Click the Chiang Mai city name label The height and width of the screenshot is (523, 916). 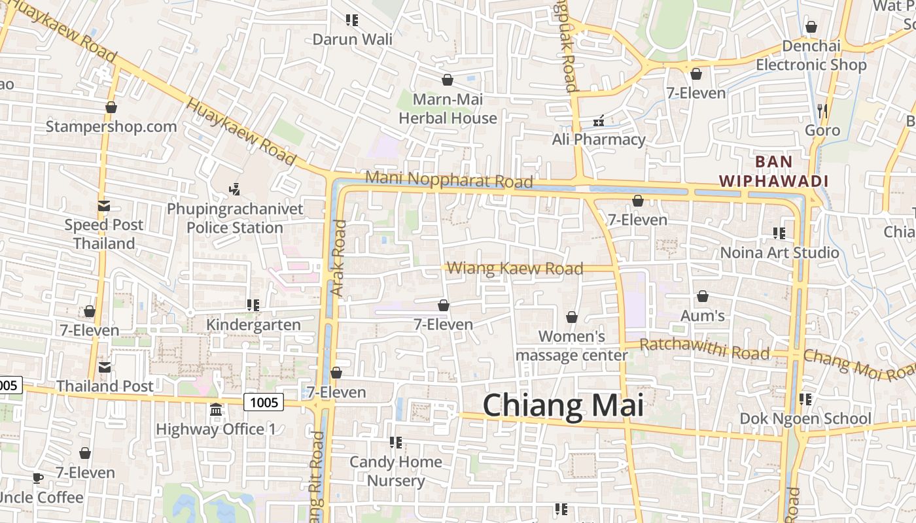tap(563, 405)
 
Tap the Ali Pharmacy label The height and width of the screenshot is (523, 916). tap(599, 139)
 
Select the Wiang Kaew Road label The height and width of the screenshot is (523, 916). tap(515, 268)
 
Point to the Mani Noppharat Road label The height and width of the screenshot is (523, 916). tap(449, 179)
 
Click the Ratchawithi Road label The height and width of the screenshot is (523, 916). tap(704, 349)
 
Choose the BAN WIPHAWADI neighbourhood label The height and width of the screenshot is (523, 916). tap(773, 171)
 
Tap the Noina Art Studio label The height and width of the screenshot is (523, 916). tap(779, 252)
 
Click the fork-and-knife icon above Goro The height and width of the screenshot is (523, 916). tap(822, 110)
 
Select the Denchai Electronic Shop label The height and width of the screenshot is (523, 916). tap(811, 56)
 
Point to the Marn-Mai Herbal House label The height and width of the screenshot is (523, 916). tap(448, 109)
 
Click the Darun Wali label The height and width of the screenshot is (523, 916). tap(353, 39)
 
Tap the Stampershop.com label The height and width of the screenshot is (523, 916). tap(111, 126)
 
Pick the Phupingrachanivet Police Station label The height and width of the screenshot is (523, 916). tap(235, 218)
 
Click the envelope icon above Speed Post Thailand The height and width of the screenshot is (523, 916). tap(104, 207)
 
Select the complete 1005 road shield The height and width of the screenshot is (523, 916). tap(264, 402)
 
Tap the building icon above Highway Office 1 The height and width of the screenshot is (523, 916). tap(216, 410)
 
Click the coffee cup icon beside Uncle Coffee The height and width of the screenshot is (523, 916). tap(38, 478)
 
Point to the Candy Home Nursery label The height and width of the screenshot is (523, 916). tap(396, 471)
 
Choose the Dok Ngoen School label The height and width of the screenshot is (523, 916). tap(805, 418)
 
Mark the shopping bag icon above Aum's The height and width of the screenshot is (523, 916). tap(703, 297)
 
